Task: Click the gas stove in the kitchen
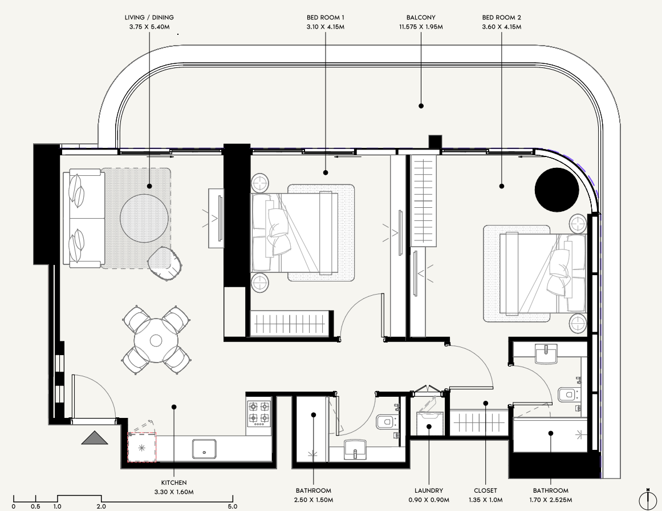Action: [x=259, y=412]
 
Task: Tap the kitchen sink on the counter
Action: [x=204, y=449]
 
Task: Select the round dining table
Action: [x=156, y=340]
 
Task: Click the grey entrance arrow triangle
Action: [x=95, y=437]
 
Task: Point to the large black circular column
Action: [x=556, y=190]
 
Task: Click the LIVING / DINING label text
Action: [x=149, y=17]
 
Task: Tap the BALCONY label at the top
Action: [x=421, y=17]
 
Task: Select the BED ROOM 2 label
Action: [x=502, y=17]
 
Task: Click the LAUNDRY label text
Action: [x=429, y=490]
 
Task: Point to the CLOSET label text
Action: [x=485, y=490]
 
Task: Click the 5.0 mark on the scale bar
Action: [x=233, y=506]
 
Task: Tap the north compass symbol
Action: [x=648, y=500]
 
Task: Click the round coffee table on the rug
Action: [x=144, y=219]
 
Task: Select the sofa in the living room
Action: [x=84, y=218]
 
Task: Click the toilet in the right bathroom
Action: [x=570, y=395]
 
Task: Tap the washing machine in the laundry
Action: [x=429, y=423]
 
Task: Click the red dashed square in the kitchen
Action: [x=142, y=447]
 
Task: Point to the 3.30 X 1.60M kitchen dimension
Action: [x=174, y=492]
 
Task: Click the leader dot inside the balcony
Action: [x=421, y=106]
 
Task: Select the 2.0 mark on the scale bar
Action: [x=101, y=506]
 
